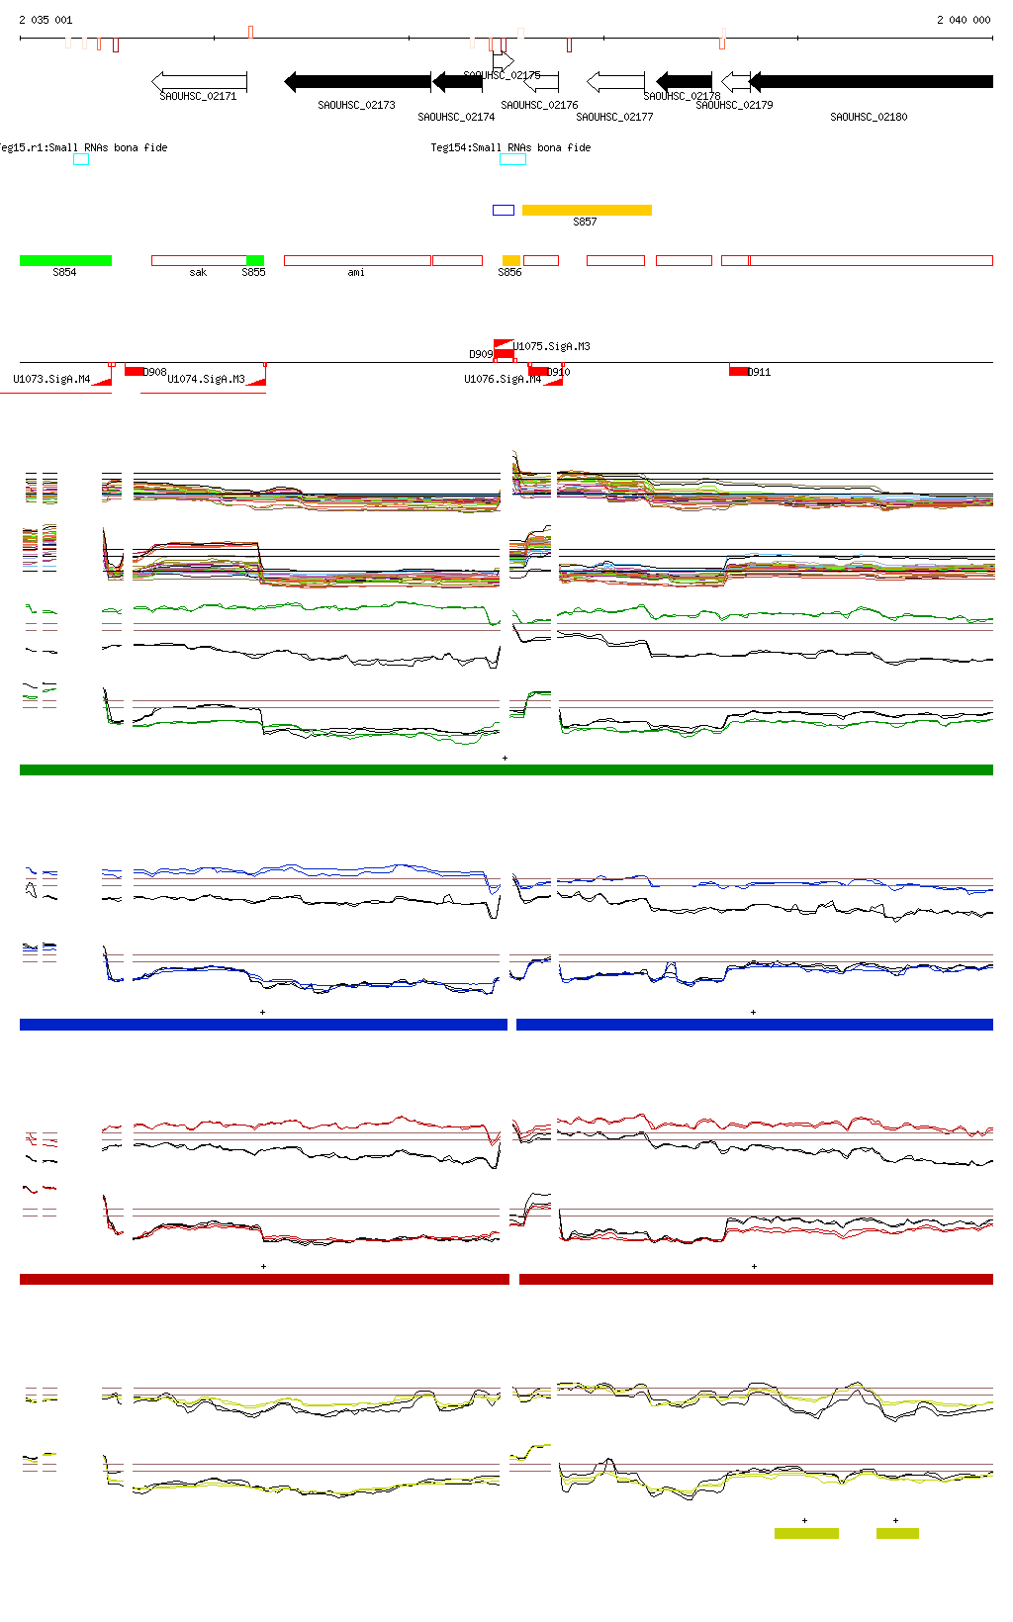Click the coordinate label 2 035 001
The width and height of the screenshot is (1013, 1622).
[x=46, y=20]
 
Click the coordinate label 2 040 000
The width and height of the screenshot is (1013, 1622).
[x=963, y=20]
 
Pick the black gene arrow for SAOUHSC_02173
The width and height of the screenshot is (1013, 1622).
[x=357, y=81]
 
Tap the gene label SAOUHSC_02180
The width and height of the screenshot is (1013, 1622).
[x=869, y=117]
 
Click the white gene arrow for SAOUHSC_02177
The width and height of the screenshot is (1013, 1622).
[x=615, y=81]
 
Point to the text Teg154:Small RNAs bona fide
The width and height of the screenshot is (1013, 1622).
[x=510, y=147]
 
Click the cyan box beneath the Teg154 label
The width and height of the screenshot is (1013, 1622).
[x=512, y=159]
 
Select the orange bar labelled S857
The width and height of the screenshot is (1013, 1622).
[x=587, y=210]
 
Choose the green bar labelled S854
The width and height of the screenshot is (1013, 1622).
[x=65, y=261]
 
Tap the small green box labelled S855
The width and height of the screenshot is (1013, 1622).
[x=255, y=261]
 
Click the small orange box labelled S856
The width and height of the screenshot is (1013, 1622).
[x=510, y=261]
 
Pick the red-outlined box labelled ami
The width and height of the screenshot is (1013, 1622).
[x=357, y=261]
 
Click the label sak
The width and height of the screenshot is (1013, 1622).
[x=198, y=273]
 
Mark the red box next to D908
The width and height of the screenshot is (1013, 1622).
[x=134, y=371]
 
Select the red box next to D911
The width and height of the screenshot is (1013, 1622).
[x=738, y=371]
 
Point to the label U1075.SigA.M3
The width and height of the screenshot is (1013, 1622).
[x=551, y=346]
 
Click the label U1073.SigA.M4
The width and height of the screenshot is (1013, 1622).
[x=51, y=379]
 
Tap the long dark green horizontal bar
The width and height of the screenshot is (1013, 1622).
[x=506, y=769]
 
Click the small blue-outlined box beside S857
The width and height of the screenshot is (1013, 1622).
[x=504, y=210]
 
